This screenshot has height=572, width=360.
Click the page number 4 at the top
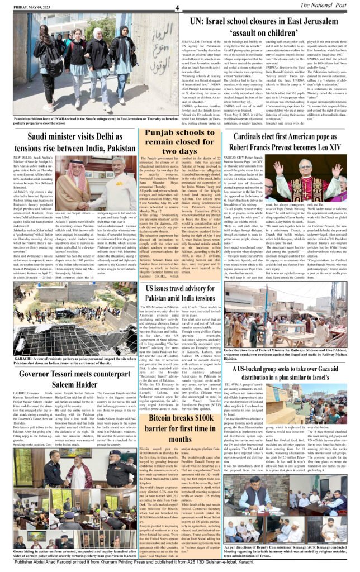(176, 7)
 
